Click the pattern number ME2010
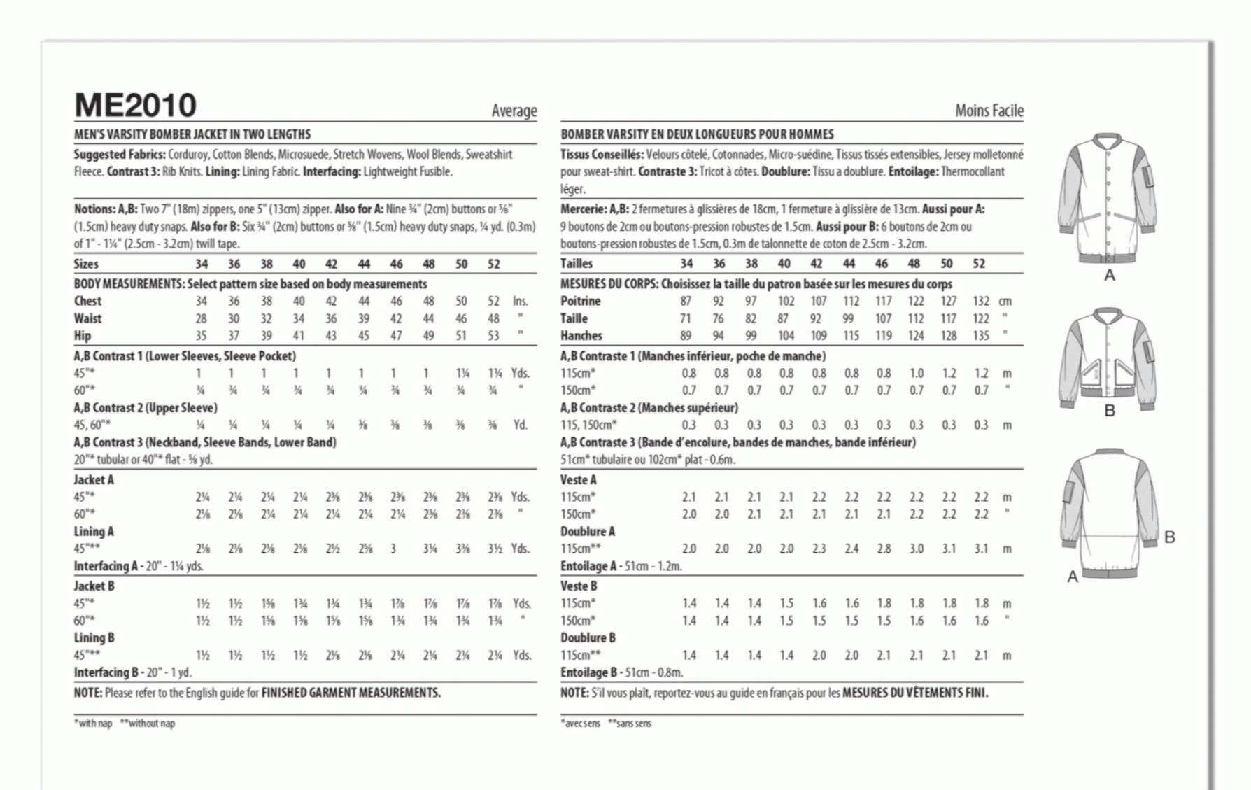click(135, 106)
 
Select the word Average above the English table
click(514, 111)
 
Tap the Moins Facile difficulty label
click(989, 111)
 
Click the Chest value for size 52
click(493, 301)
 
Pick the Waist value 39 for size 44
click(364, 318)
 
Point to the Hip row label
click(83, 336)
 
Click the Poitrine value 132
click(981, 302)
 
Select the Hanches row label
click(581, 336)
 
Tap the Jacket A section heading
click(94, 480)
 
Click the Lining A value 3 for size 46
click(393, 549)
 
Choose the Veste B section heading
click(579, 586)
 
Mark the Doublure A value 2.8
click(884, 549)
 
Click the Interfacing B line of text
click(132, 672)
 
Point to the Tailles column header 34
click(686, 264)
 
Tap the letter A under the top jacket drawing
click(1109, 276)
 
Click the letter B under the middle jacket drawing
click(1109, 411)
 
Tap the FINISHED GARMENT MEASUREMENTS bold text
click(351, 693)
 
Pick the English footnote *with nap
click(93, 724)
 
